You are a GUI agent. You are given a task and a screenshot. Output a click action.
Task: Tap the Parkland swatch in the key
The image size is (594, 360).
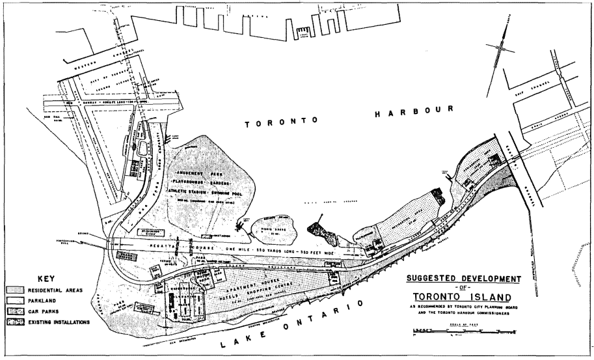[16, 301]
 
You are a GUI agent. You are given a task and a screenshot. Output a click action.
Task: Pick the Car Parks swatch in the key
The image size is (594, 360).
[16, 311]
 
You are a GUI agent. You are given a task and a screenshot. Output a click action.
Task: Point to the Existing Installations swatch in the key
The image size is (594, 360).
[16, 322]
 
